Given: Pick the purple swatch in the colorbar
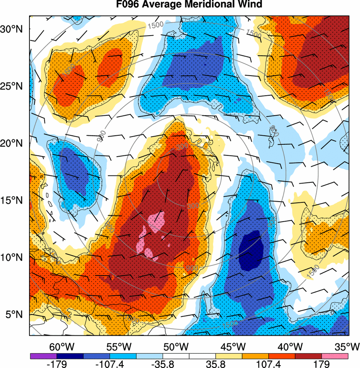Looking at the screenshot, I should [x=43, y=356].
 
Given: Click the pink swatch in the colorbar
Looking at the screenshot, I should [x=335, y=356].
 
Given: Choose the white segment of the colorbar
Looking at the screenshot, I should [x=189, y=356].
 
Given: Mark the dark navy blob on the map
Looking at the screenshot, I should [x=250, y=250].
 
